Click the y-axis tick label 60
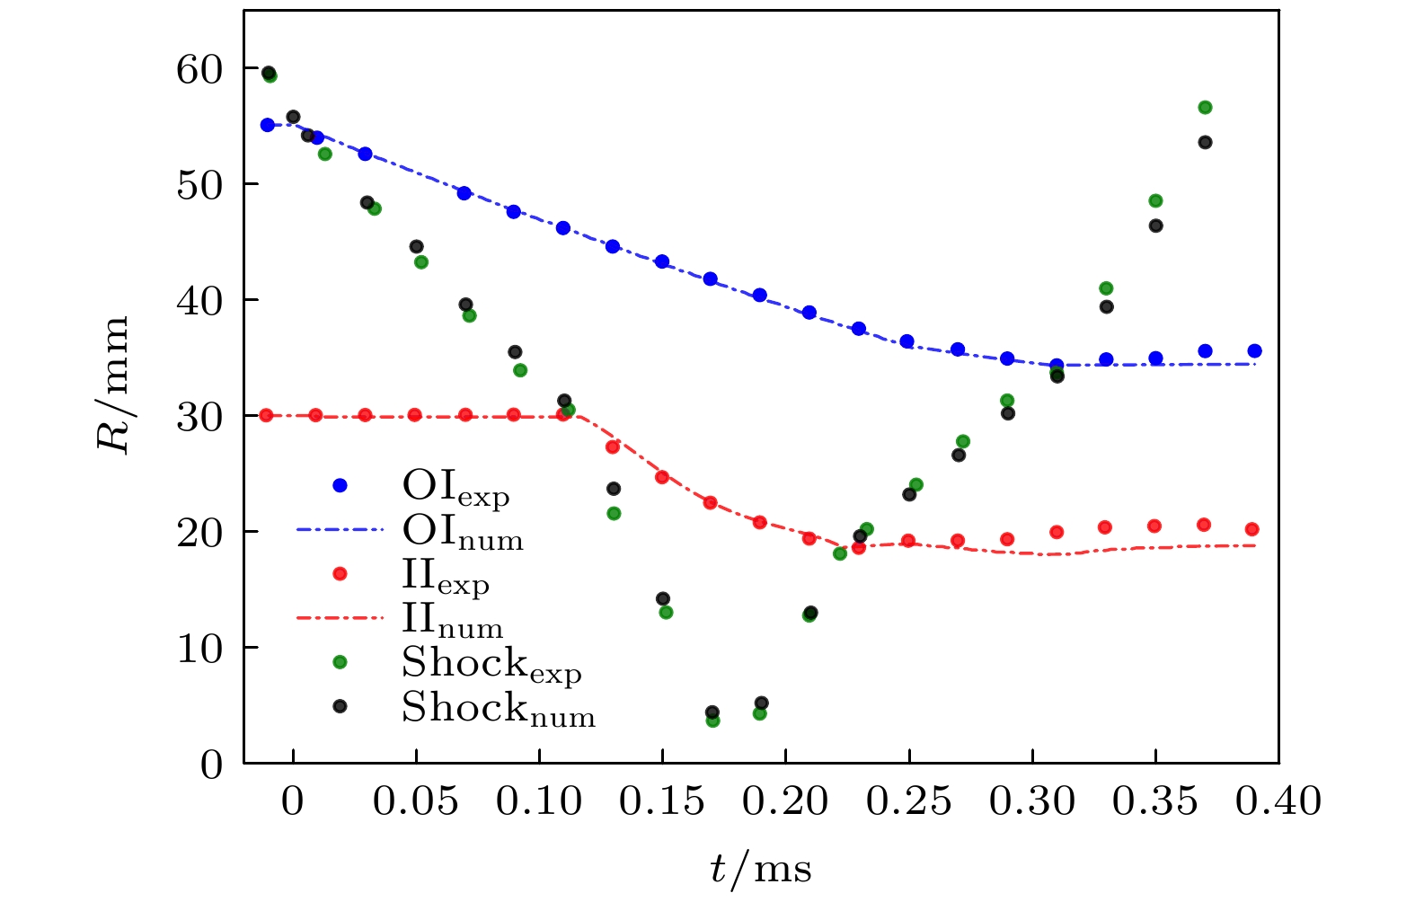(199, 69)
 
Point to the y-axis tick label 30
(199, 417)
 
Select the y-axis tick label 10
(199, 649)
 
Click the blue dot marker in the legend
(340, 486)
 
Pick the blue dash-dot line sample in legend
(340, 530)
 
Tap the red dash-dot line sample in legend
(340, 618)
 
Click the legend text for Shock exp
(491, 665)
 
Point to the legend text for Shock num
(498, 709)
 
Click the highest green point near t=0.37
(1205, 108)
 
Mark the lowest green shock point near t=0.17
(712, 721)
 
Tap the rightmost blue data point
(1254, 351)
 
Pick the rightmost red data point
(1251, 529)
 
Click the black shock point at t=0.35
(1155, 225)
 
